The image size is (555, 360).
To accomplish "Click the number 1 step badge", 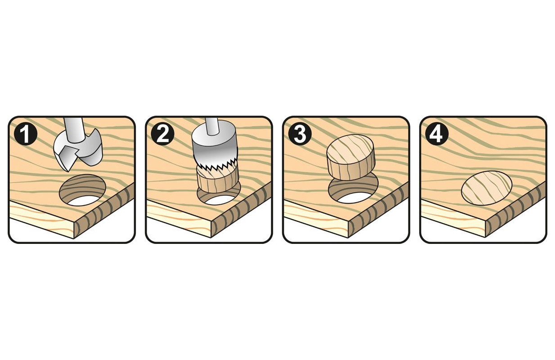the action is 26,135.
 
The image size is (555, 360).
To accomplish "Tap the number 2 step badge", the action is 162,135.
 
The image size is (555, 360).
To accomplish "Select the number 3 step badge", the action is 300,135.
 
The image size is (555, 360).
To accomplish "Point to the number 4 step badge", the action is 437,135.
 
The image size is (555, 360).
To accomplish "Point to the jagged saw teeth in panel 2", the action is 215,166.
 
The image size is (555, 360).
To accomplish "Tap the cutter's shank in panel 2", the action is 211,126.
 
